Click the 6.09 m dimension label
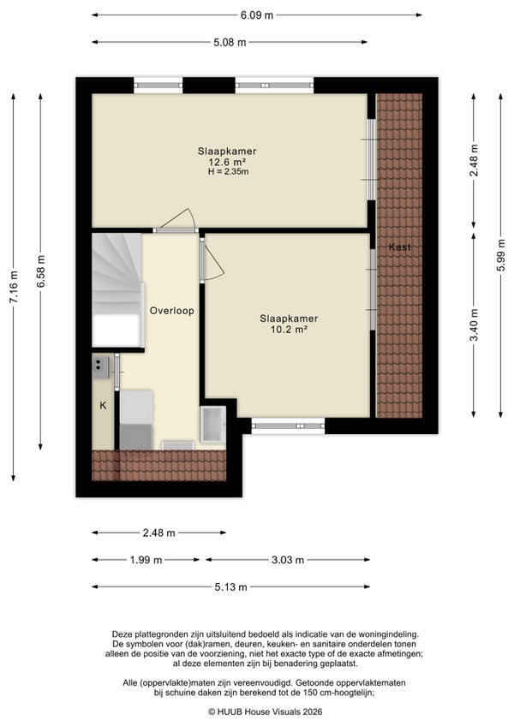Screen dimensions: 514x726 coord(256,15)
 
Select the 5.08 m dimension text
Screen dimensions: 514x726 coord(230,43)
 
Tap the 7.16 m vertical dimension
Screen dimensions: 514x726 coord(14,287)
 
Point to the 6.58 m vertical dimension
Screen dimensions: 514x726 coord(41,271)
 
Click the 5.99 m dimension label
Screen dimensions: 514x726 coord(500,256)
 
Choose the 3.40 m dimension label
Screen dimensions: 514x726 coord(473,324)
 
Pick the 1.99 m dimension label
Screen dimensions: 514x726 coord(146,560)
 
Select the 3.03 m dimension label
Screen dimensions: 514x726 coord(287,560)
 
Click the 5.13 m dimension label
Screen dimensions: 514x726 coord(230,587)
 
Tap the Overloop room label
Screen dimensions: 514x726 coord(171,311)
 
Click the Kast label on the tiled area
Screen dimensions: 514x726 coord(399,247)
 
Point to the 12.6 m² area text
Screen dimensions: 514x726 coord(227,162)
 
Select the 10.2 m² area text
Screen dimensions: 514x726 coord(289,330)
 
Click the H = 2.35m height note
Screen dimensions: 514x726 coord(228,172)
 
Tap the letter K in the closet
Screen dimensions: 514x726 coord(104,406)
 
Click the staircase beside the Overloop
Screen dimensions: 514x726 coord(117,289)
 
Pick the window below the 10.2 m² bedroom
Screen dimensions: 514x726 coord(288,426)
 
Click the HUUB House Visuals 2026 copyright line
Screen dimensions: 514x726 coord(265,711)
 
